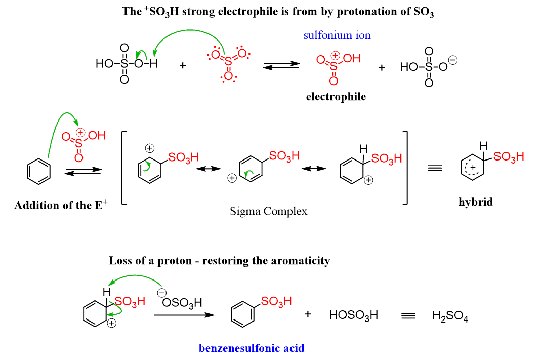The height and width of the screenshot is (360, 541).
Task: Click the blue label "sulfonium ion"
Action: pyautogui.click(x=337, y=35)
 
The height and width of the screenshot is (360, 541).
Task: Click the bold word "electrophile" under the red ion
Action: pyautogui.click(x=336, y=97)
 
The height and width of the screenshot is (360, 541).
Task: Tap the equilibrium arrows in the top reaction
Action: pyautogui.click(x=281, y=67)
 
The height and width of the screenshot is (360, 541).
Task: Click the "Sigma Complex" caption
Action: pyautogui.click(x=269, y=211)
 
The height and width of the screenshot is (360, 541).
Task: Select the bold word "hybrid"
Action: pyautogui.click(x=476, y=202)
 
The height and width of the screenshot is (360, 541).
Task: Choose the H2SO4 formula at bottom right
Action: pyautogui.click(x=450, y=316)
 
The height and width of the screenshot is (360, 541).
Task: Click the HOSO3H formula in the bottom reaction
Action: pyautogui.click(x=353, y=315)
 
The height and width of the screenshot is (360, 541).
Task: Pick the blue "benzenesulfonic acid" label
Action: pyautogui.click(x=252, y=348)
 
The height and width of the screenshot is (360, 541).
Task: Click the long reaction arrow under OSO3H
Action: pyautogui.click(x=183, y=315)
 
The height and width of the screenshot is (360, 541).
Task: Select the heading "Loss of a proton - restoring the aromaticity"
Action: pyautogui.click(x=219, y=261)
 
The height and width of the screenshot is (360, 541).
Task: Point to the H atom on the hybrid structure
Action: pyautogui.click(x=483, y=146)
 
